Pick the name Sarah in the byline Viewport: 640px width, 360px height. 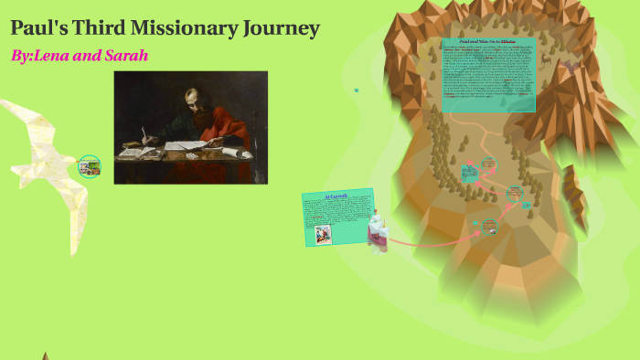(126, 56)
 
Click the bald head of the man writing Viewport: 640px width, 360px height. (192, 96)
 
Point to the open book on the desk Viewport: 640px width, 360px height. (137, 153)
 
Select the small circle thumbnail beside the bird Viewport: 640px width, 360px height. (89, 166)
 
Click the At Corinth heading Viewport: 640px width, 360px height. (336, 196)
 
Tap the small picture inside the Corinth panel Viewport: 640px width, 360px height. (322, 233)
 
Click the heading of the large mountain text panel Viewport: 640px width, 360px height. (487, 42)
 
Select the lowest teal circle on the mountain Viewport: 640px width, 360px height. (489, 225)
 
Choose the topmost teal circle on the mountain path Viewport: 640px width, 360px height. (489, 164)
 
